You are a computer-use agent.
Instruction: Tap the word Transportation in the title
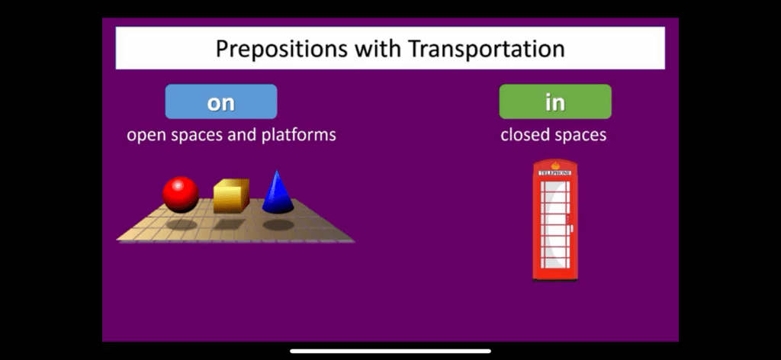486,48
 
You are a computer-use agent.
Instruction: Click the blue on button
221,101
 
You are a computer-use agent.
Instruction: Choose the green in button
555,101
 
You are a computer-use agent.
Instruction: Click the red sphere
180,194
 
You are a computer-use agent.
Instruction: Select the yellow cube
232,196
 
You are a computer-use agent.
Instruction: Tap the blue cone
278,193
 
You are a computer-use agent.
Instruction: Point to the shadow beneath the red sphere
182,224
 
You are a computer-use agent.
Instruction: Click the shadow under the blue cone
278,224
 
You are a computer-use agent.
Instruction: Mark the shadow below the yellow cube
230,224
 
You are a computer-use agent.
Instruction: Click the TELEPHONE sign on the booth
555,173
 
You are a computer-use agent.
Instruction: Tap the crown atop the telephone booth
555,166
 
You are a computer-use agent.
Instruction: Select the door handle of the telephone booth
571,229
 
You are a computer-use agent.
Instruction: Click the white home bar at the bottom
390,351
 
